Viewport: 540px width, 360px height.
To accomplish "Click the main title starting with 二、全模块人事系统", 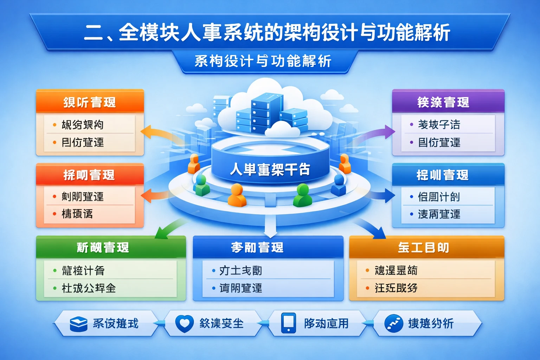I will [x=267, y=32].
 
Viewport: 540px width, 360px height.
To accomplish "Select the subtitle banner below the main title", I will [x=263, y=61].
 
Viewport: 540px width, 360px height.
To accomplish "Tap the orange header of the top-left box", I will [x=90, y=102].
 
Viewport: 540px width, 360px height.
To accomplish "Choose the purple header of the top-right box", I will [x=443, y=102].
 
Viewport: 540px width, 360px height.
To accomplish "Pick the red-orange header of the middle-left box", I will [x=90, y=175].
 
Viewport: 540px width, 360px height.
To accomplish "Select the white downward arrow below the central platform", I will [x=270, y=227].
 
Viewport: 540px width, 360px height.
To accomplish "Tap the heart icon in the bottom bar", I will [x=184, y=323].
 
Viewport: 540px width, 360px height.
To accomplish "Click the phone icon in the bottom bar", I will [x=289, y=323].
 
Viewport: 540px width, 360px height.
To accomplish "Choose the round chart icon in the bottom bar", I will [x=394, y=323].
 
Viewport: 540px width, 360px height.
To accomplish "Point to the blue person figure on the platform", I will [x=339, y=185].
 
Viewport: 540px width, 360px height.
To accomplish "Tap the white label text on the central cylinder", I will [x=270, y=169].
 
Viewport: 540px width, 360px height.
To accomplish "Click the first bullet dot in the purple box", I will [x=411, y=124].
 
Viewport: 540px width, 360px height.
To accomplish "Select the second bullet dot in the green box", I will [x=55, y=288].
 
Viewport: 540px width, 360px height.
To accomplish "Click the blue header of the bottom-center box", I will [x=268, y=247].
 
